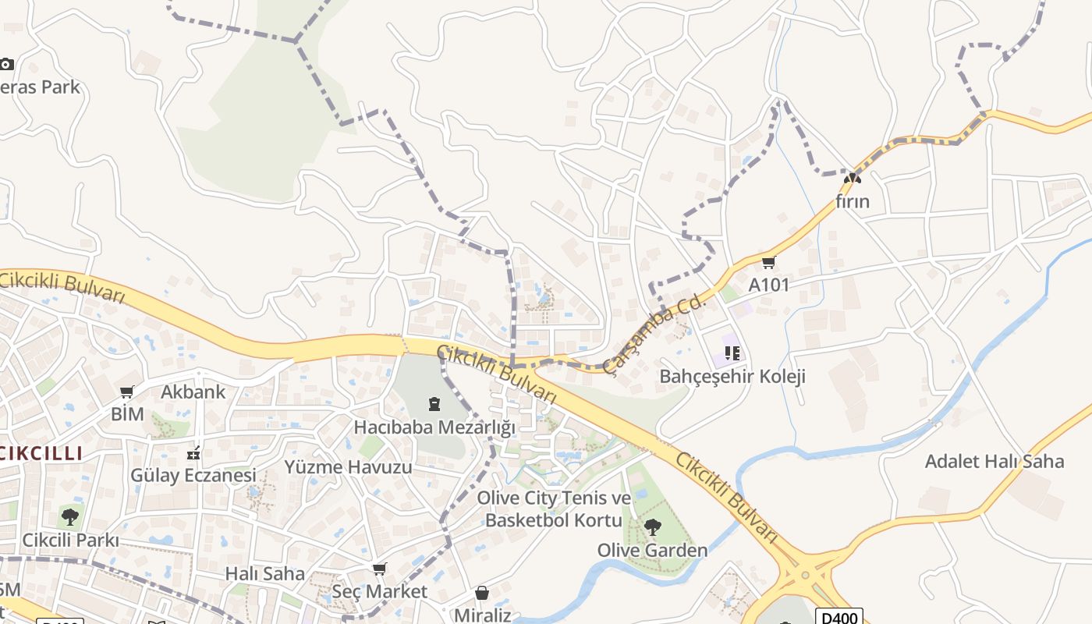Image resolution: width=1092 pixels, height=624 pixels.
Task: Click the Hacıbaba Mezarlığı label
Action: [434, 427]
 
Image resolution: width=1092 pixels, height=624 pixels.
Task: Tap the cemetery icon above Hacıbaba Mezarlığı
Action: [434, 404]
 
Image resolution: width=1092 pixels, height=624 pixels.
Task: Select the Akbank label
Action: [193, 392]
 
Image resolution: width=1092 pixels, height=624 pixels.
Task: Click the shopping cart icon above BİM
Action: [127, 392]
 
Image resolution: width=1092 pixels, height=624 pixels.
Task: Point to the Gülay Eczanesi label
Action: [193, 475]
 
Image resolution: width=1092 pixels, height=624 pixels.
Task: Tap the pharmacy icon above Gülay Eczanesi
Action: [193, 452]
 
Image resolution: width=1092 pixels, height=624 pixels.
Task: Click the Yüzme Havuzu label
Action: [348, 467]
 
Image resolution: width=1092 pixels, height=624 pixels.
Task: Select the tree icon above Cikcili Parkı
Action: [70, 516]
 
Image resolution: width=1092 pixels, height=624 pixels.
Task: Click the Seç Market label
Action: [380, 591]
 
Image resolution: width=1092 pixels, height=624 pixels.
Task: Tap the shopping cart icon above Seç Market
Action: [380, 569]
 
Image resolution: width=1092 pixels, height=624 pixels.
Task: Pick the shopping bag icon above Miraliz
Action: [482, 594]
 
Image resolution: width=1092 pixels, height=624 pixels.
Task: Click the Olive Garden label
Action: [652, 550]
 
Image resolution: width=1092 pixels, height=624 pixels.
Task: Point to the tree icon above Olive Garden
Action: [652, 527]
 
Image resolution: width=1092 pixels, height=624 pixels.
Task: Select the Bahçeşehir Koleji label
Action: [732, 376]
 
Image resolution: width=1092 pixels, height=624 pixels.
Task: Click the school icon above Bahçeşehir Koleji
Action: [732, 353]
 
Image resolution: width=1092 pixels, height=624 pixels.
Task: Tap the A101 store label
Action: [769, 285]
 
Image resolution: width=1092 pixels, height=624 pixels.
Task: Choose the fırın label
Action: [852, 201]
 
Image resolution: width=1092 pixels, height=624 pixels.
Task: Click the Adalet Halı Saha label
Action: [994, 461]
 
